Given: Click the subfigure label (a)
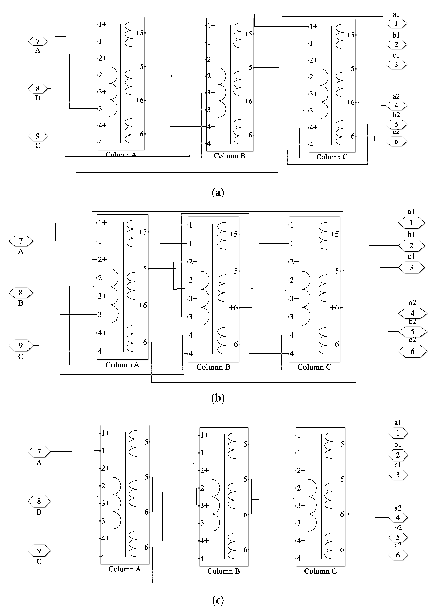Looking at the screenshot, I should pos(218,193).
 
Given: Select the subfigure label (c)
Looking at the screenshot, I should pos(218,600).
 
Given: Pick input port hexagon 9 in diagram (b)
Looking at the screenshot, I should pos(21,345).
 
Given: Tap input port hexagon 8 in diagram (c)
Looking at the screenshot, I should pos(39,501).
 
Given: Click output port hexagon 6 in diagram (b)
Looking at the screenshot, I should pos(412,351).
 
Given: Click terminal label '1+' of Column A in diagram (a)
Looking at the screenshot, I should pos(102,24).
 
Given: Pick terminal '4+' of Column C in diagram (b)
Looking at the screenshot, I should pos(294,335).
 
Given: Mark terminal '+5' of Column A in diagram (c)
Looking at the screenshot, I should pos(144,442).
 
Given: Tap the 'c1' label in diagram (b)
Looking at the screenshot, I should pos(411,256).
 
